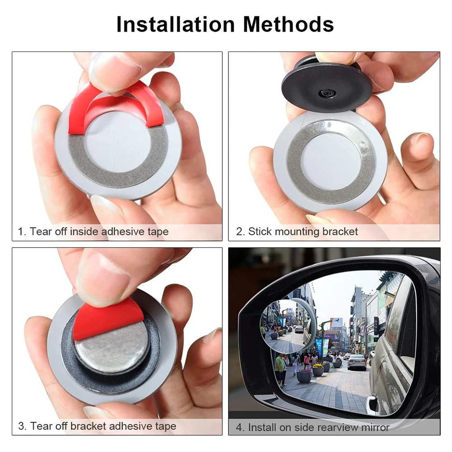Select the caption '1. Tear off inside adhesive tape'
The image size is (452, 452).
(x=93, y=232)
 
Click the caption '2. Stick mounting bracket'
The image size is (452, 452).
(x=297, y=232)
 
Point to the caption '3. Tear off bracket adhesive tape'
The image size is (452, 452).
(x=97, y=426)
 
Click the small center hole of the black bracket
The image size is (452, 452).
(x=326, y=93)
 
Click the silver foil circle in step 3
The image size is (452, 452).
(x=113, y=349)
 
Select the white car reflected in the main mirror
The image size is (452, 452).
(x=356, y=361)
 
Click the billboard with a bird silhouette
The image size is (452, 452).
(x=336, y=322)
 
